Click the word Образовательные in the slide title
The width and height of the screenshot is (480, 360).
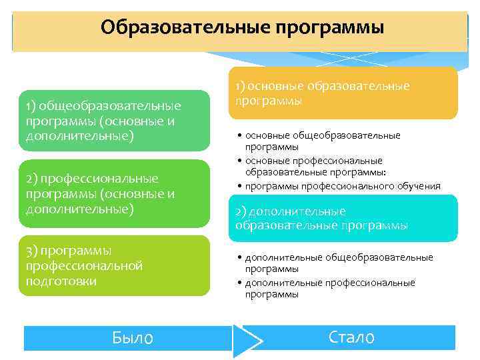176,28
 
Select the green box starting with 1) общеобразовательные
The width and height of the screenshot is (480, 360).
113,121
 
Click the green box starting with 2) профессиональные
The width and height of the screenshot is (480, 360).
113,193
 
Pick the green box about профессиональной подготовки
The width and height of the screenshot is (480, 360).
113,265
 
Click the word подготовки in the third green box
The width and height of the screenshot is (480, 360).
61,281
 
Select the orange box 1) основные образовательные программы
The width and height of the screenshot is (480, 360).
343,93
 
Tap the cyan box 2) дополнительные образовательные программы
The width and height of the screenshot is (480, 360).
343,218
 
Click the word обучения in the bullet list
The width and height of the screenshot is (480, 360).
420,186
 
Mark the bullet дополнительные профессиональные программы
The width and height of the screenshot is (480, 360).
329,288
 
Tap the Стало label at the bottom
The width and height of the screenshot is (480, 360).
351,337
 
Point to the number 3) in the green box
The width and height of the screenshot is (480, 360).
31,251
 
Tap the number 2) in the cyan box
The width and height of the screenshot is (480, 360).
241,211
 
